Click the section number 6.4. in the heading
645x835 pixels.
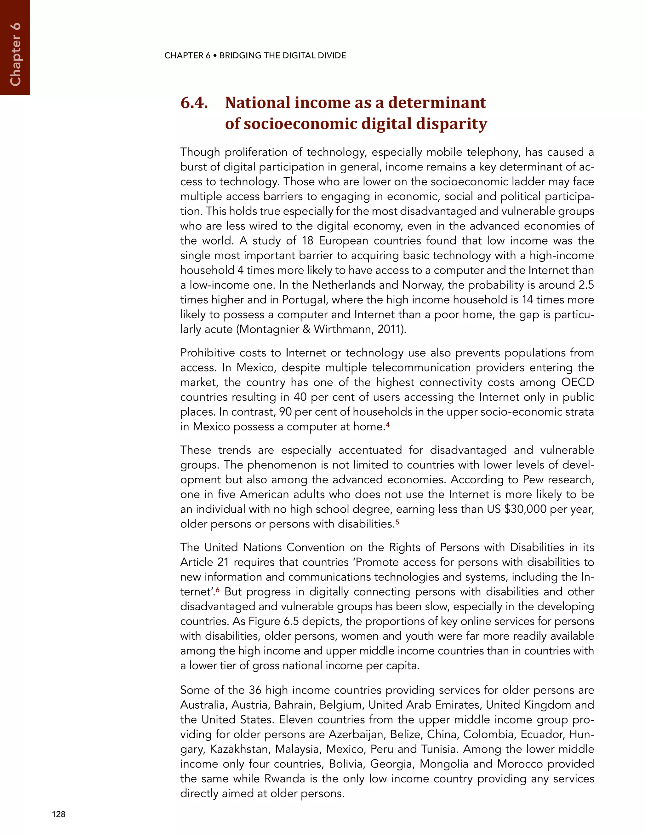[194, 103]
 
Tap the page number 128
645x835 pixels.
[59, 814]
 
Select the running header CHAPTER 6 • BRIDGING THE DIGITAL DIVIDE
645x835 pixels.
[255, 56]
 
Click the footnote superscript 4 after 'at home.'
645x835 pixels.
[387, 424]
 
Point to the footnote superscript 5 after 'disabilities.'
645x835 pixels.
[397, 521]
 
